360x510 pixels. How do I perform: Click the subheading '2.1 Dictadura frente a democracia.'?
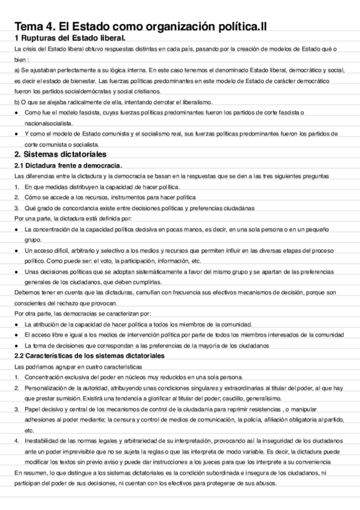coord(68,165)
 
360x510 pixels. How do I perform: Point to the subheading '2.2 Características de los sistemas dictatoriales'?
coord(90,356)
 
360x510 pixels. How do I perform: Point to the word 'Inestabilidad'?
coord(44,441)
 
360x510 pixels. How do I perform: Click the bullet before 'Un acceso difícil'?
coord(16,250)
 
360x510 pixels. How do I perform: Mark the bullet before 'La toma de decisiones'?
coord(16,346)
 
